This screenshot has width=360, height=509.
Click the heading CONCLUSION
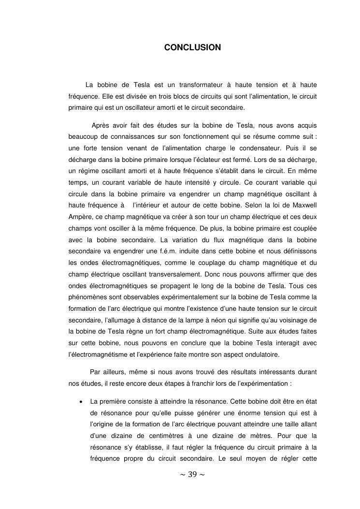point(192,47)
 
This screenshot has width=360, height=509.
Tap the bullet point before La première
point(79,401)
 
